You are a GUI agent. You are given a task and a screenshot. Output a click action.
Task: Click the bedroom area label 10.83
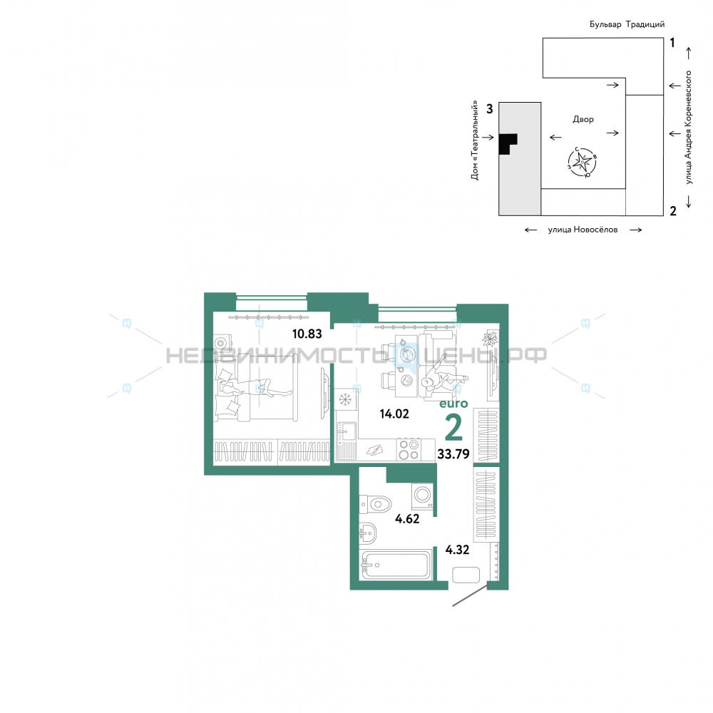coord(307,334)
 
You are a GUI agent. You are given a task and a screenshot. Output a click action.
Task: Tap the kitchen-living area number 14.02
coord(394,414)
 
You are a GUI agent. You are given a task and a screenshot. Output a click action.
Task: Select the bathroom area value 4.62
coord(407,519)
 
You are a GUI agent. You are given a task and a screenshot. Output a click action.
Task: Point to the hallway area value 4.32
coord(457,550)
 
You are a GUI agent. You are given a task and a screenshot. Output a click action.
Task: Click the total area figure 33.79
coord(453,453)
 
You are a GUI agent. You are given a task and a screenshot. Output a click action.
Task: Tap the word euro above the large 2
coord(453,404)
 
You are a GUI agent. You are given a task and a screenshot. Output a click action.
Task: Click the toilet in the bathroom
coord(375,504)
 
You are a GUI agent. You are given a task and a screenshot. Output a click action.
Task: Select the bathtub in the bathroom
coord(395,565)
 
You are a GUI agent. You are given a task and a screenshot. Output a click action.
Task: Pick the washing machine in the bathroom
coord(422,496)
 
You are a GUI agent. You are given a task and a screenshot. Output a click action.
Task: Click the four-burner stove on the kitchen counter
coord(409,449)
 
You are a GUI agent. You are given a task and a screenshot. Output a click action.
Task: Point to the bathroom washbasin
coord(368,533)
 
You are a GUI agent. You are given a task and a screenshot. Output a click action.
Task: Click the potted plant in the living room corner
coord(490,339)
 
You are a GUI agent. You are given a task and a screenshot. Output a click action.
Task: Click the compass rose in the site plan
coord(582,162)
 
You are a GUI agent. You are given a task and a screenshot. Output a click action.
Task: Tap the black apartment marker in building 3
coord(508,144)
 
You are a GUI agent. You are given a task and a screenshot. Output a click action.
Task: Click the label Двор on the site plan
coord(583,119)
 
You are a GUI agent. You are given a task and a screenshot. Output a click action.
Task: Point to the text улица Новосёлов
coord(583,230)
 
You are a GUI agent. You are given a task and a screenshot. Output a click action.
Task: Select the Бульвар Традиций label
coord(627,24)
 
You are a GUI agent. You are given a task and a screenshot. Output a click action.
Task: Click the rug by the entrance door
coord(466,575)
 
